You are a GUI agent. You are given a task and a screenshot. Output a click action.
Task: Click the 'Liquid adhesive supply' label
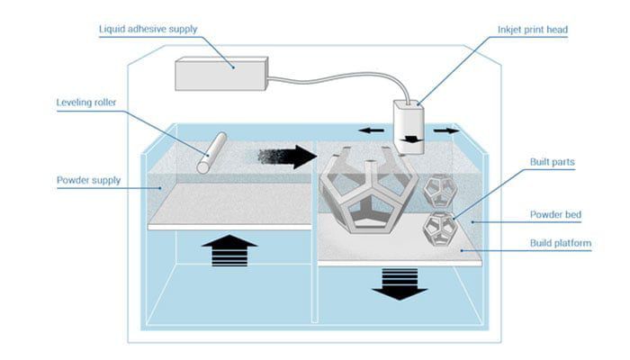(148, 30)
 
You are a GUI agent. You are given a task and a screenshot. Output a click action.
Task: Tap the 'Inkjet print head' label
(532, 30)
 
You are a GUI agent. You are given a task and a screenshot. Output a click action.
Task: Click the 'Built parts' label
(549, 162)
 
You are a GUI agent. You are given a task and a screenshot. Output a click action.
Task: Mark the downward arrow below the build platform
(399, 283)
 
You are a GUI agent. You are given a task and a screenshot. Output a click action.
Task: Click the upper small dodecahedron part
(439, 189)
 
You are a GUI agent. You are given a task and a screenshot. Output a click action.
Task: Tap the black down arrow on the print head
(411, 140)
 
